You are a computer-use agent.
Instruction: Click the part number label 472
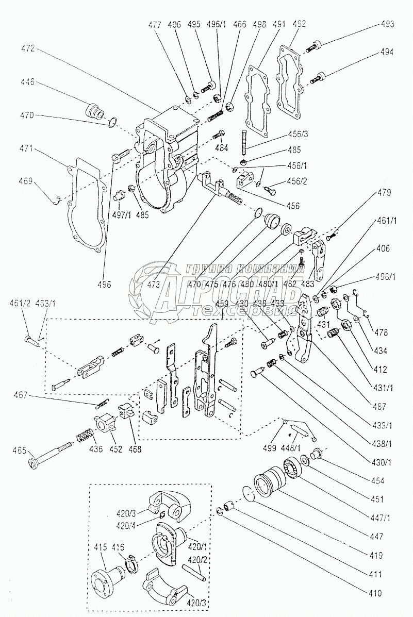pos(28,48)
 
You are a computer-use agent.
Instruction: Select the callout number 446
pos(29,81)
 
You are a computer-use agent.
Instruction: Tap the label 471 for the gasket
pos(29,148)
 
